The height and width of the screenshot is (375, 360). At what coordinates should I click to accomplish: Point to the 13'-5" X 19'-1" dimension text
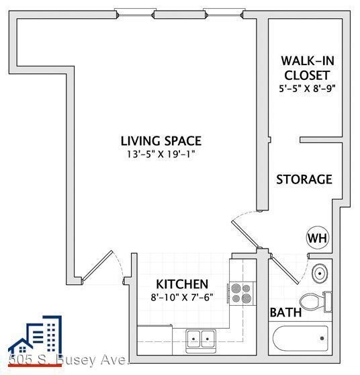[x=161, y=154]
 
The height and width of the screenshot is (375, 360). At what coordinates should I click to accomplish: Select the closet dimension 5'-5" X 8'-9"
[x=306, y=87]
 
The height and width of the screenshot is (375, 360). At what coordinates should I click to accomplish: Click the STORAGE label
[x=304, y=179]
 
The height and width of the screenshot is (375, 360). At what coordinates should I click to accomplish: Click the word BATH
[x=285, y=312]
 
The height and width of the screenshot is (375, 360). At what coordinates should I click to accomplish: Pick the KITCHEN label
[x=182, y=284]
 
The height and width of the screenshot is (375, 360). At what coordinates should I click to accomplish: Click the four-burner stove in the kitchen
[x=241, y=292]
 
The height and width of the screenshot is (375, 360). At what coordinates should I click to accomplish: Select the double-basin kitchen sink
[x=199, y=337]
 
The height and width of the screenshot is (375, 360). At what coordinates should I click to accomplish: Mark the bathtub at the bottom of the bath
[x=302, y=334]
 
